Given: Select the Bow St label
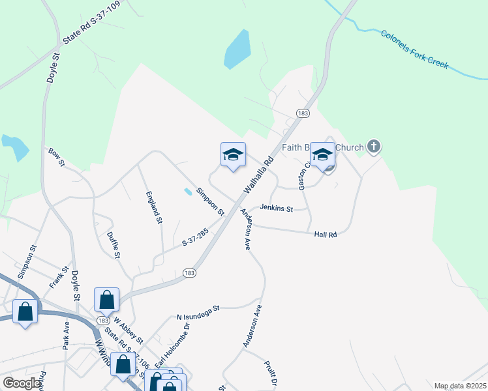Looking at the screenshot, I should [x=56, y=157].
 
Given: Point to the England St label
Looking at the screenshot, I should [x=153, y=207].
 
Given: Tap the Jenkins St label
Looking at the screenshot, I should [x=276, y=209].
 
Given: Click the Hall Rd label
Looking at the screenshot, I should [x=325, y=235].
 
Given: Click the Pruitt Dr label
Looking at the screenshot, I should [x=271, y=373].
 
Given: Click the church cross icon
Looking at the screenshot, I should [x=373, y=146].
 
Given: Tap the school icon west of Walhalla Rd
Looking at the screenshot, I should [x=233, y=155].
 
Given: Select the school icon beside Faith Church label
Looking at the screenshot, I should [x=322, y=155].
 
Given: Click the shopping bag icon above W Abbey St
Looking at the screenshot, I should [x=106, y=300].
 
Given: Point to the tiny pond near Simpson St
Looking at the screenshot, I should [x=188, y=192].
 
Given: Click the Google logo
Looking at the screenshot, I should [x=21, y=383].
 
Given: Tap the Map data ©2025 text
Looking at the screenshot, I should [x=459, y=386].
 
